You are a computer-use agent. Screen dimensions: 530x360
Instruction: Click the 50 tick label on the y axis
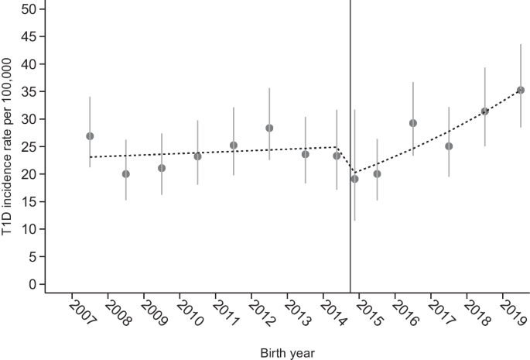click(x=29, y=9)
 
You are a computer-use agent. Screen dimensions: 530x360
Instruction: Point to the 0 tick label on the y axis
click(x=32, y=284)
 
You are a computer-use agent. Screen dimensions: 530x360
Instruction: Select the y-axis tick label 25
click(x=29, y=146)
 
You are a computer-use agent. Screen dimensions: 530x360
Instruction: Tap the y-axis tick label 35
click(x=29, y=91)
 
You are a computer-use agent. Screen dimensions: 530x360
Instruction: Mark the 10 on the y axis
click(x=29, y=229)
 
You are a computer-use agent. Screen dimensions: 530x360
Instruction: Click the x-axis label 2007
click(x=83, y=313)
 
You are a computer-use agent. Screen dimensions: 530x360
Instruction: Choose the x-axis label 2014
click(x=333, y=313)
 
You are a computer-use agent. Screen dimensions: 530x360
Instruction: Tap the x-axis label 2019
click(x=513, y=313)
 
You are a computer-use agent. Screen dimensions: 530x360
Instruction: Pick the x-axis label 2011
click(x=226, y=313)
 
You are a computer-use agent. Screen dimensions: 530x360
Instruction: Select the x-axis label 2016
click(x=405, y=313)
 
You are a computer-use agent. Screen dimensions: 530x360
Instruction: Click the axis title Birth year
click(x=287, y=353)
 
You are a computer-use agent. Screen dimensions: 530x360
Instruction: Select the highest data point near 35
click(x=521, y=90)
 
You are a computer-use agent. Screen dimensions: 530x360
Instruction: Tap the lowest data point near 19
click(x=354, y=179)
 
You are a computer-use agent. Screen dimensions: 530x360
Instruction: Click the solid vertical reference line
click(x=350, y=146)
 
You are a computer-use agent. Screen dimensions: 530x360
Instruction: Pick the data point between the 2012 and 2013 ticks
click(x=269, y=129)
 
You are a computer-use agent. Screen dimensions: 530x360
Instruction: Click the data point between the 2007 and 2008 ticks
click(x=90, y=136)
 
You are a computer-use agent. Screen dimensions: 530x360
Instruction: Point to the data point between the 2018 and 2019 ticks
click(x=484, y=111)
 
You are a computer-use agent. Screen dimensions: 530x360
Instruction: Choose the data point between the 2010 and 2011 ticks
click(x=198, y=156)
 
